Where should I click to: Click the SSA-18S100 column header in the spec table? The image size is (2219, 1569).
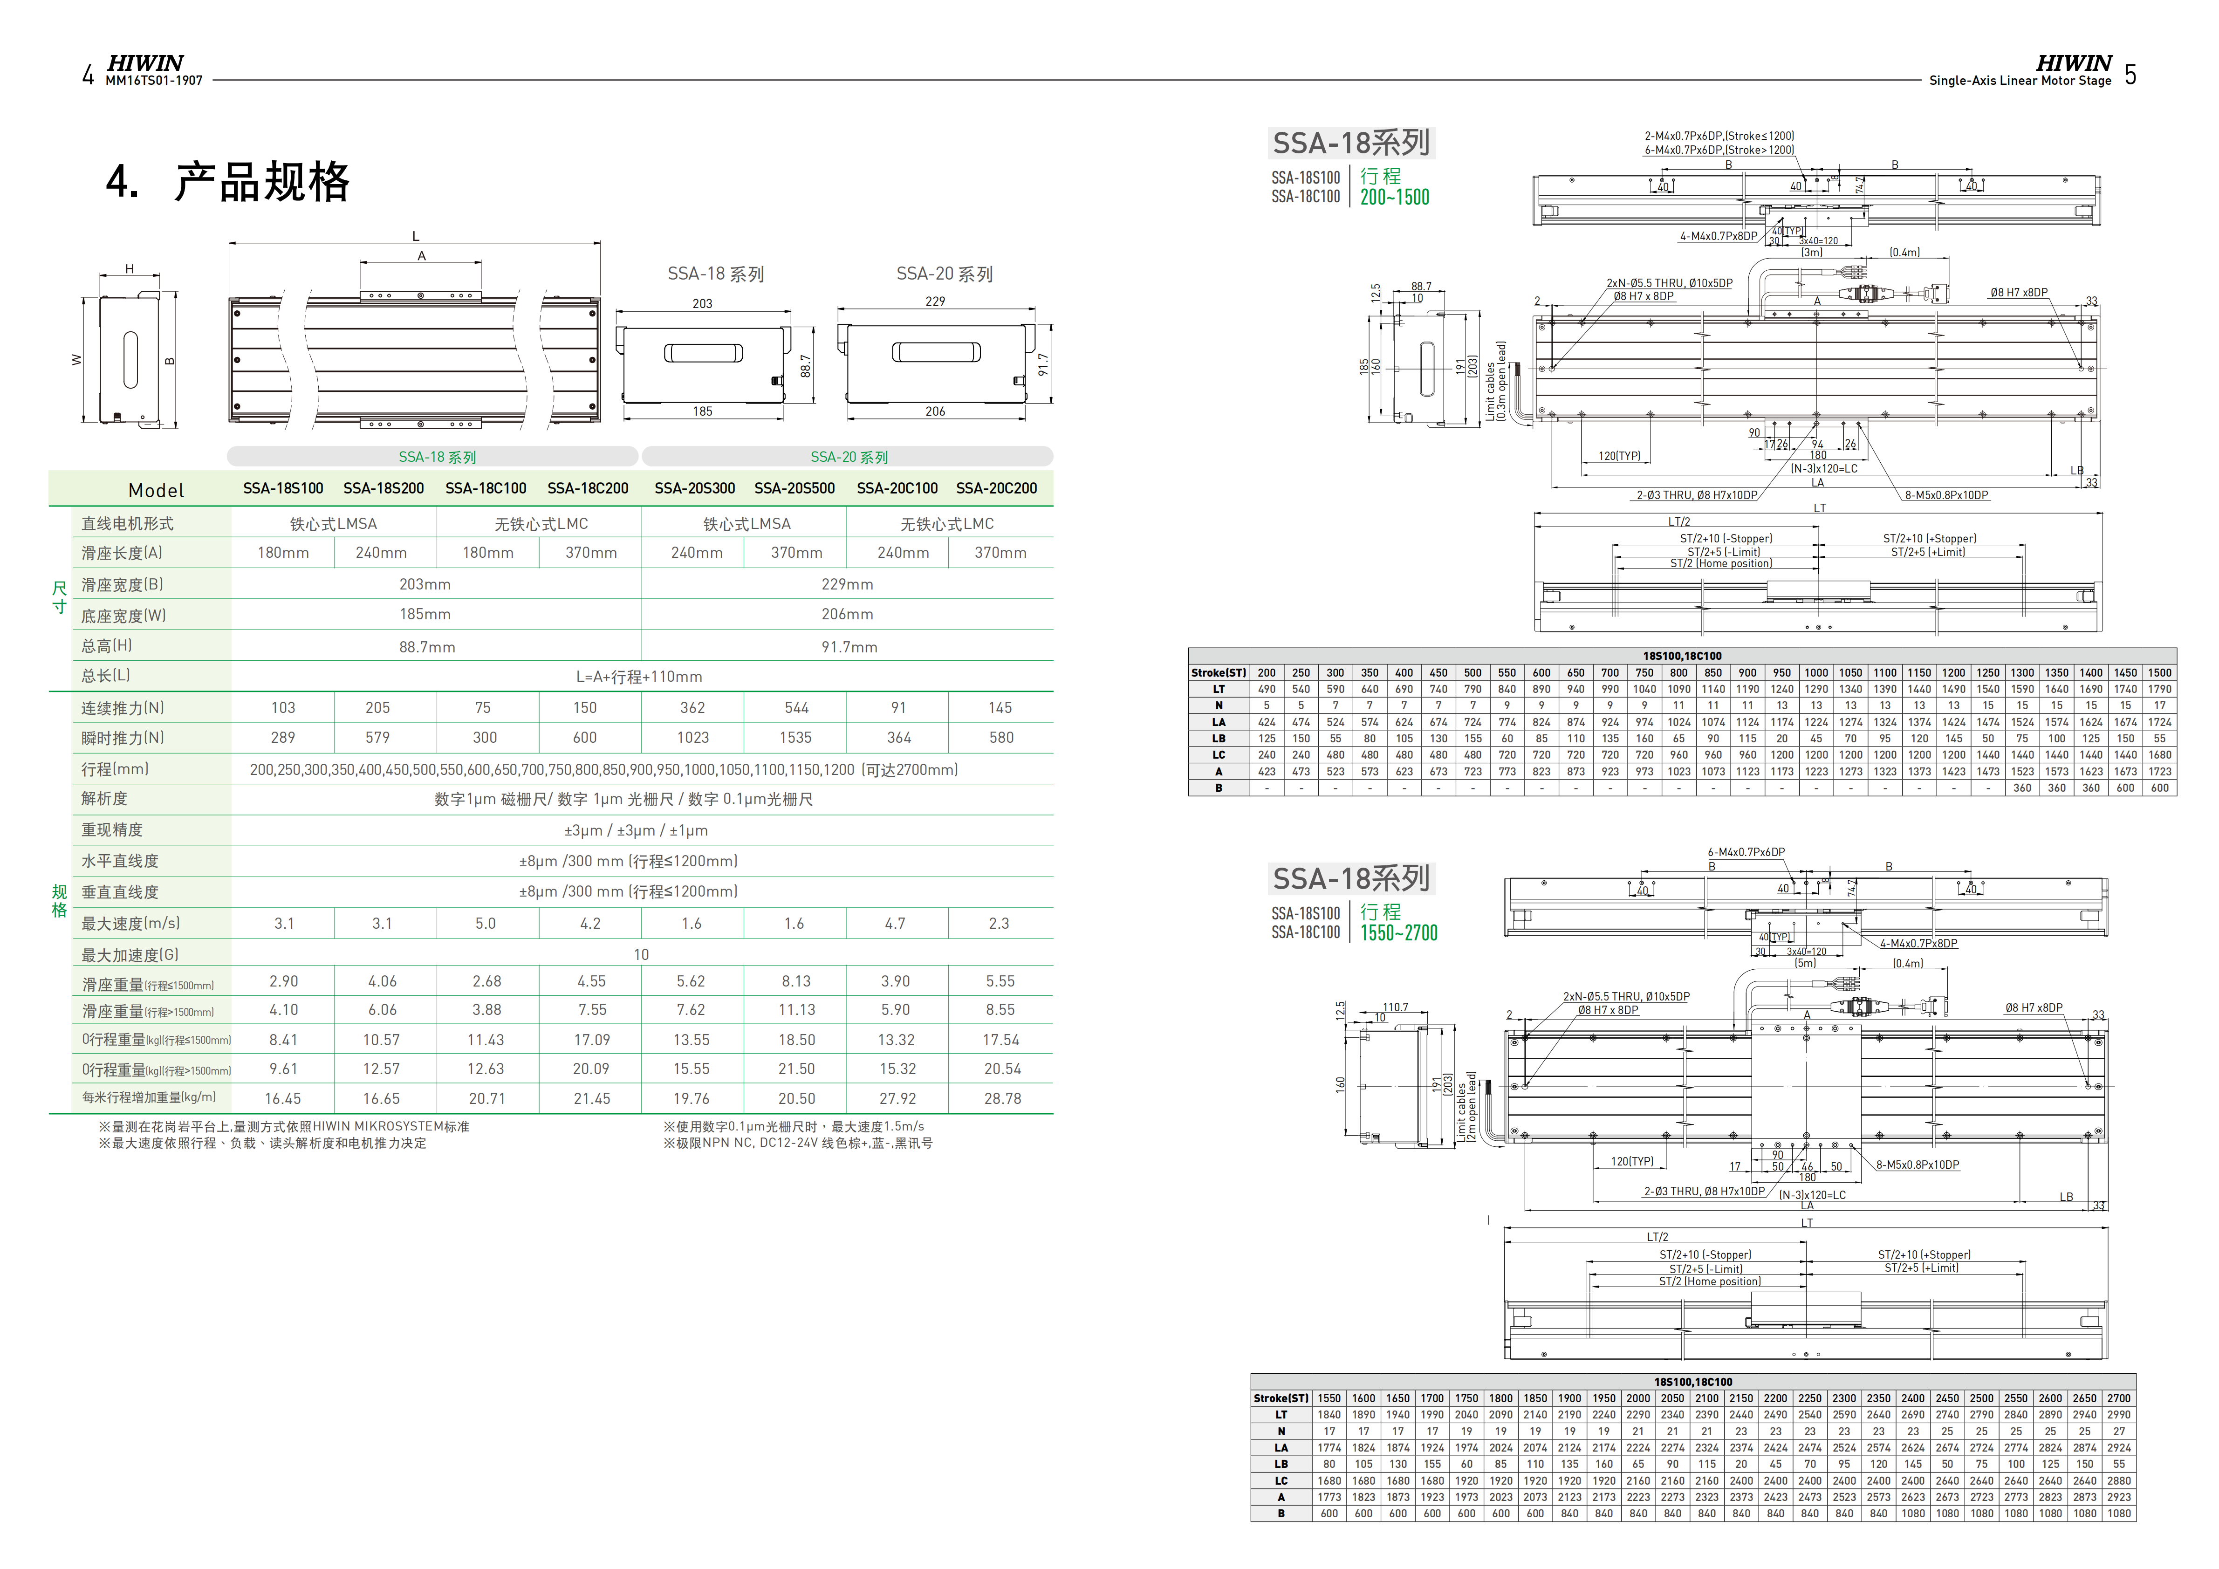(x=283, y=488)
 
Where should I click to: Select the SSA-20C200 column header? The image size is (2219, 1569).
(x=996, y=488)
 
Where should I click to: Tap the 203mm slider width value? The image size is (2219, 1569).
(x=425, y=584)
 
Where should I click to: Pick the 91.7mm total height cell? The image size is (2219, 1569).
(x=849, y=647)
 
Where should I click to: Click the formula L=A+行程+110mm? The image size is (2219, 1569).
(x=639, y=677)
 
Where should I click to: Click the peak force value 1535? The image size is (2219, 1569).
(x=795, y=738)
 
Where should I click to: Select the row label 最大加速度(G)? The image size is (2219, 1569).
(x=130, y=955)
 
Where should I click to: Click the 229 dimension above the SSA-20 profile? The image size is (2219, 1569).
(x=935, y=301)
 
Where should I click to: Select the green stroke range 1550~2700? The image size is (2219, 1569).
(x=1398, y=933)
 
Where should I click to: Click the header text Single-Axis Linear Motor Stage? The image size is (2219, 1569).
(x=2020, y=81)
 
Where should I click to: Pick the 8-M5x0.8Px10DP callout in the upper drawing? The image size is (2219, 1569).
(x=1945, y=495)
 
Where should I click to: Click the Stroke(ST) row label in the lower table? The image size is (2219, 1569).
(x=1281, y=1398)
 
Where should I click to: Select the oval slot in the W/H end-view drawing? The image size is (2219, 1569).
(x=130, y=360)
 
